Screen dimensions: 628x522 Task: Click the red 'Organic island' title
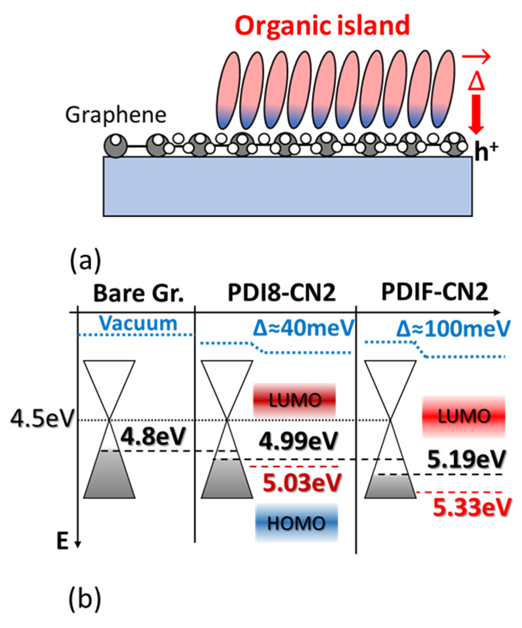322,27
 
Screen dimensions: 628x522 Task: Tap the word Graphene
116,116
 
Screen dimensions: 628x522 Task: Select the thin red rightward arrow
476,56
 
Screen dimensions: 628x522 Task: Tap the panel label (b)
85,599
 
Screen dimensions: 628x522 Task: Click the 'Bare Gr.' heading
138,294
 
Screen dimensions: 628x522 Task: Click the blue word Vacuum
138,324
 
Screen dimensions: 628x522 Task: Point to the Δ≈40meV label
304,328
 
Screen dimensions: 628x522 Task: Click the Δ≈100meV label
453,329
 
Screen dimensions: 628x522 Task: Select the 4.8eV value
153,437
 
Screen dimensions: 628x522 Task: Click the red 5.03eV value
302,483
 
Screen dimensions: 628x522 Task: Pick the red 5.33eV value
472,507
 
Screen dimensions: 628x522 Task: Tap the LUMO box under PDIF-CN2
464,416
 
